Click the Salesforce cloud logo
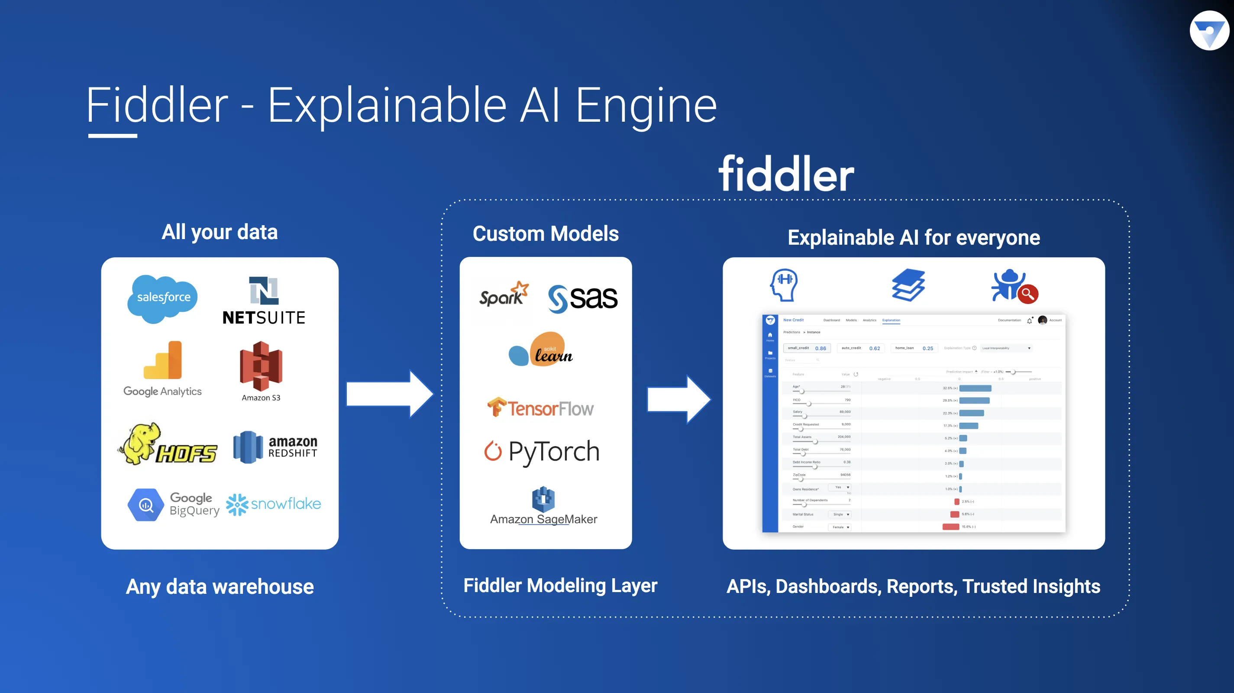[x=162, y=298]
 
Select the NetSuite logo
[x=264, y=301]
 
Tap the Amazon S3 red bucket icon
[x=261, y=366]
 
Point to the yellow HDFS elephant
[x=139, y=442]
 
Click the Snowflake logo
[x=274, y=504]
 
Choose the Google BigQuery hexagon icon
[x=145, y=505]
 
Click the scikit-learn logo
[x=541, y=350]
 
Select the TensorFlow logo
[x=540, y=408]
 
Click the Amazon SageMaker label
[x=544, y=519]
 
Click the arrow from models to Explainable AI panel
[x=678, y=399]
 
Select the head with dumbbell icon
[x=784, y=285]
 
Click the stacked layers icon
[x=908, y=285]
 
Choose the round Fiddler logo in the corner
[x=1209, y=31]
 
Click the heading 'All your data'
[x=220, y=232]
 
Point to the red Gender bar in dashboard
[x=950, y=527]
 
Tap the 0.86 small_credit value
[x=820, y=348]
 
